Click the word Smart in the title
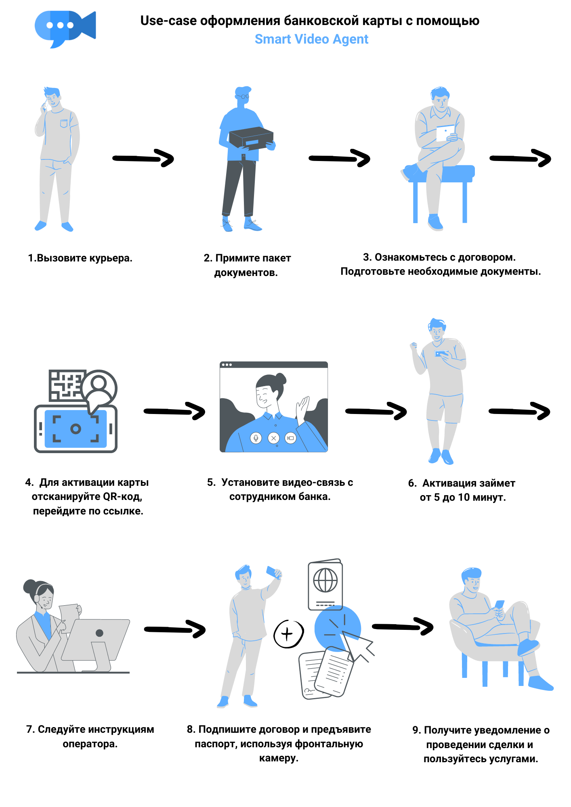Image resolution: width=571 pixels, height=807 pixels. pos(273,39)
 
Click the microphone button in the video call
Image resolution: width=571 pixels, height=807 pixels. pos(256,438)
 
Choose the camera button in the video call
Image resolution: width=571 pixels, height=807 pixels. pos(290,438)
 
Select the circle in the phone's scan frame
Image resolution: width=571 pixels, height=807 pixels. pos(76,429)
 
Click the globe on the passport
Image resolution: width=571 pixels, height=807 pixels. pos(325,580)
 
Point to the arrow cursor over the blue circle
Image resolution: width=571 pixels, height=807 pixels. pos(357,644)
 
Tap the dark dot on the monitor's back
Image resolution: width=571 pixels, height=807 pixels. pos(99,633)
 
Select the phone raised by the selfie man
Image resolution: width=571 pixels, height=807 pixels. pos(272,571)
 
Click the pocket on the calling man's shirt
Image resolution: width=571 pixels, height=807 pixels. pos(64,123)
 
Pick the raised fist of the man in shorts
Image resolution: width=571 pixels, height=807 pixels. pos(413,346)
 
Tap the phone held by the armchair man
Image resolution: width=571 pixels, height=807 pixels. pos(499,604)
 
